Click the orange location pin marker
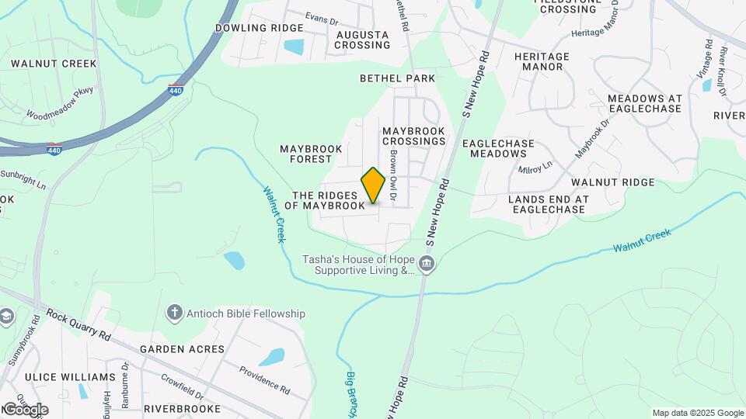(373, 185)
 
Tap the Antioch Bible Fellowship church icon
(175, 313)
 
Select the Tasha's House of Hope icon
(426, 265)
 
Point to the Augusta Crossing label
(362, 40)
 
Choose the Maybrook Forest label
(305, 154)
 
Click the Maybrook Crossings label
(413, 137)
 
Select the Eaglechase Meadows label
(498, 148)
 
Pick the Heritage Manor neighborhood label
(542, 61)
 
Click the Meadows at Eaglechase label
(644, 103)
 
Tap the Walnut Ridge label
(613, 182)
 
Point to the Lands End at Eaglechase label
(548, 204)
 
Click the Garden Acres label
(182, 349)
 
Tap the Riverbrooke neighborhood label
(182, 408)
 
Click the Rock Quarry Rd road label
(78, 324)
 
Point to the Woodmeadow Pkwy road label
(59, 103)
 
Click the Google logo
(25, 409)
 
